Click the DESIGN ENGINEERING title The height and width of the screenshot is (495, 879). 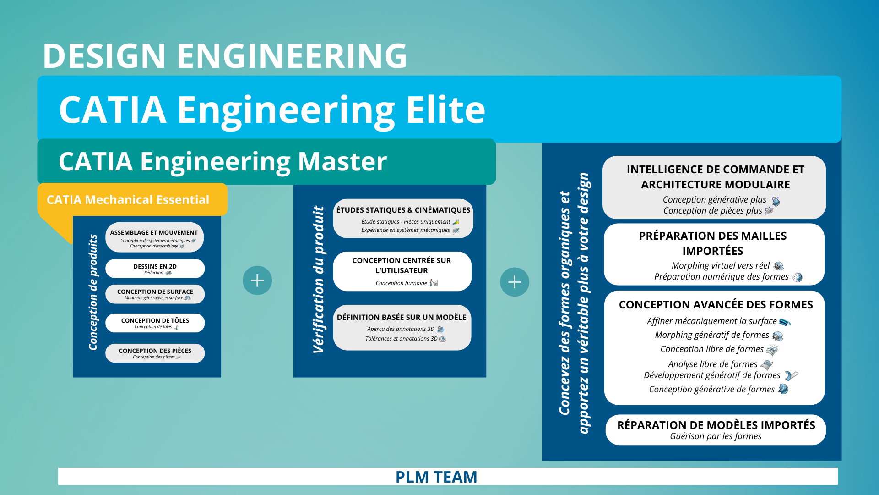click(x=224, y=56)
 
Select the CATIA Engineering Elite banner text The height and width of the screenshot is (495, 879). click(x=272, y=110)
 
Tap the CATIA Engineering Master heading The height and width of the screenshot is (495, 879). click(x=222, y=162)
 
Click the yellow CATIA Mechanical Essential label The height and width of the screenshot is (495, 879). click(x=128, y=200)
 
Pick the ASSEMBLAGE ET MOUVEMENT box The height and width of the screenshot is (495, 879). click(x=155, y=237)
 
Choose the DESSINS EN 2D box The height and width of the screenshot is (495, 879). click(x=155, y=269)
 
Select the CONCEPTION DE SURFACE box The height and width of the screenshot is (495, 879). click(x=155, y=294)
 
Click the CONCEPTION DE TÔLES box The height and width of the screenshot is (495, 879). click(x=155, y=323)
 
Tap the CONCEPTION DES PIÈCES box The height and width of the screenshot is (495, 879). click(x=155, y=353)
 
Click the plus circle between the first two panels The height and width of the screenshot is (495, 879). click(x=257, y=280)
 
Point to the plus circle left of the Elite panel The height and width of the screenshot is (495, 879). click(x=515, y=282)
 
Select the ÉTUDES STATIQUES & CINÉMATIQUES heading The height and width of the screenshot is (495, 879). click(x=403, y=210)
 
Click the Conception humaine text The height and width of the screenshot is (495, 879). click(x=401, y=283)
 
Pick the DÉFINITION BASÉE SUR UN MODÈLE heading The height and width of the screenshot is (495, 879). click(x=402, y=317)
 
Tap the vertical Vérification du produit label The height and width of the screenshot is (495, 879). click(x=319, y=280)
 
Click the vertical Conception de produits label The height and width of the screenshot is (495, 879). click(x=93, y=292)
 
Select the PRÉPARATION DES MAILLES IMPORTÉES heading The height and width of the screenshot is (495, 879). click(x=713, y=243)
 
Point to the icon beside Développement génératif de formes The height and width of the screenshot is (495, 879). click(x=791, y=376)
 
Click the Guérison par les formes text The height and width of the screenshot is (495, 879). click(x=716, y=436)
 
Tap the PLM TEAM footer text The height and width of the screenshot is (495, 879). click(x=436, y=477)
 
